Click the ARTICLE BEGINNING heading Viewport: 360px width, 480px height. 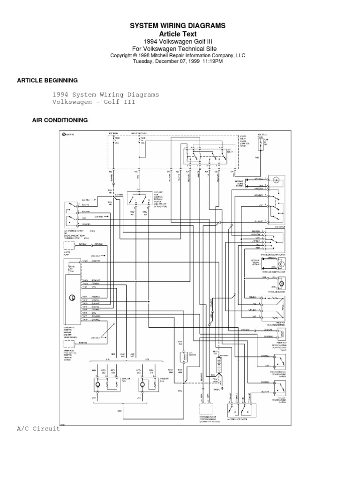47,81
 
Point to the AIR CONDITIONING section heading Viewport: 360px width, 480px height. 60,120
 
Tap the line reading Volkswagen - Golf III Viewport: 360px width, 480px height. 94,102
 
